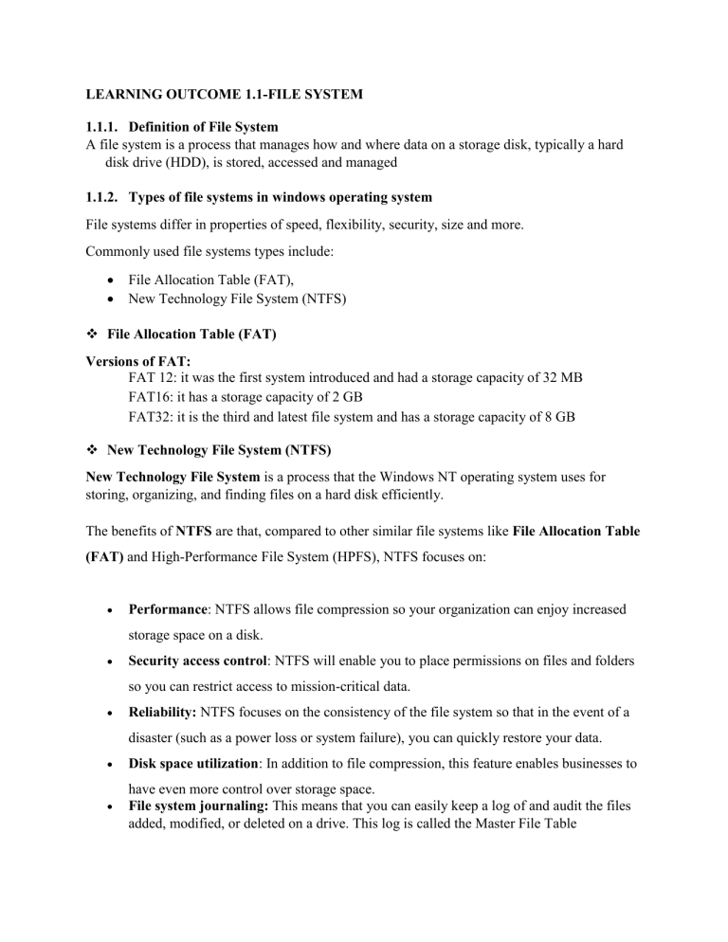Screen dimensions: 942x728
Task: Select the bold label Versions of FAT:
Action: pyautogui.click(x=136, y=362)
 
